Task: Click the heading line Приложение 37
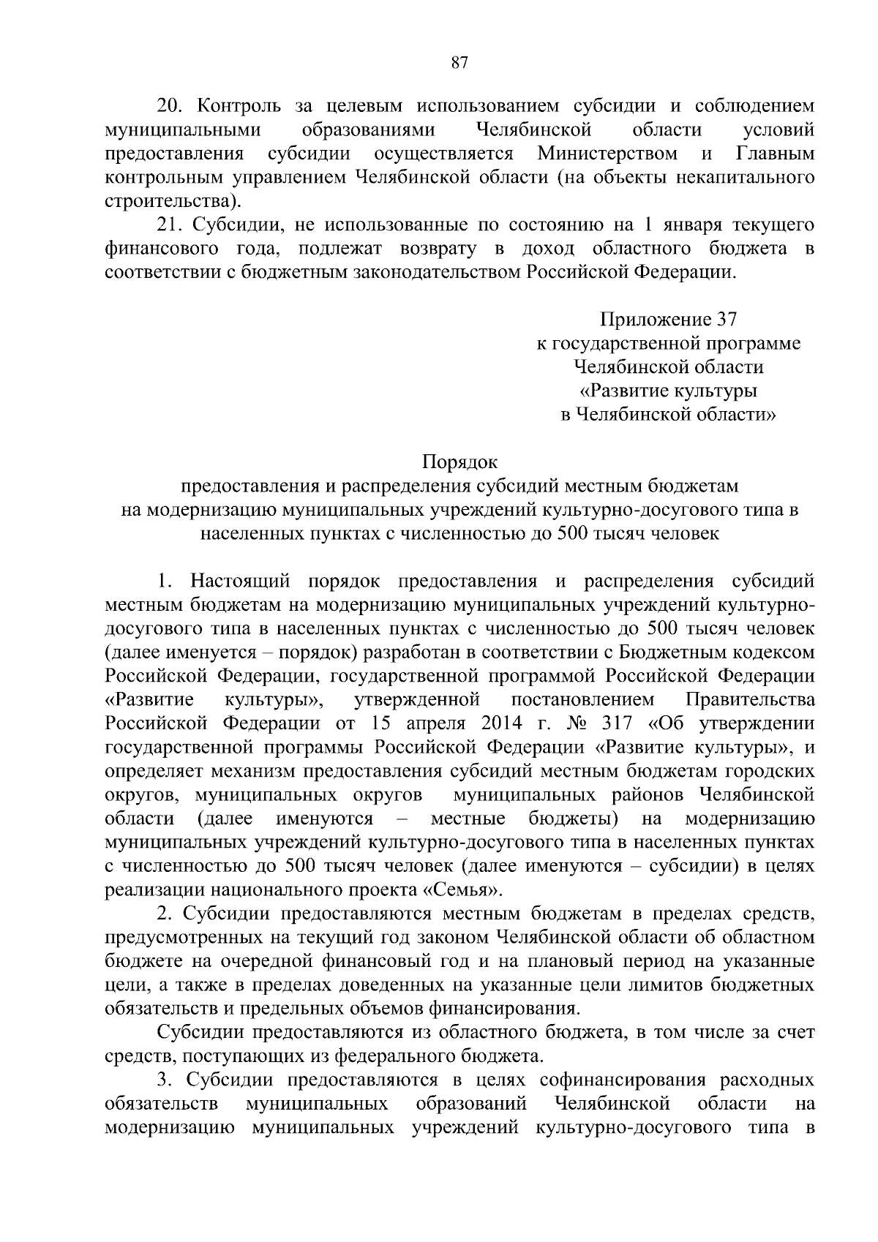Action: tap(668, 320)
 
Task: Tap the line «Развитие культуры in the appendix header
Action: tap(668, 391)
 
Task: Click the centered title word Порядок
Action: tap(459, 462)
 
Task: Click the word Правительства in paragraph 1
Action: tap(757, 700)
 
